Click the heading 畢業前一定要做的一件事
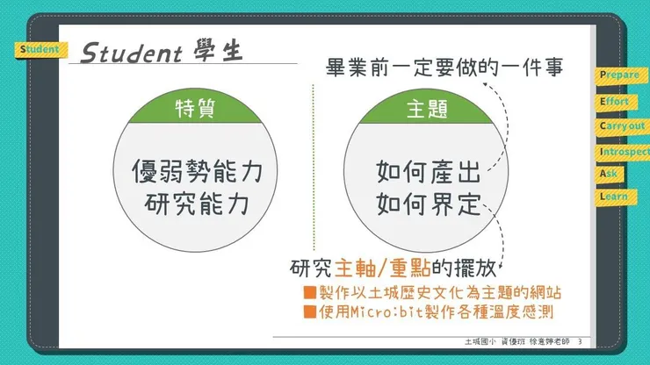click(444, 68)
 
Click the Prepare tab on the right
click(620, 76)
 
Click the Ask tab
click(610, 174)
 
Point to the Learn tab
click(613, 197)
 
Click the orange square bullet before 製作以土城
click(309, 291)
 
